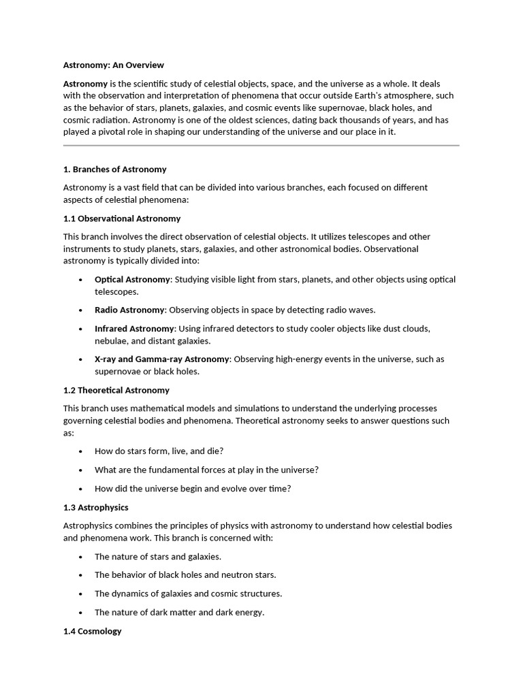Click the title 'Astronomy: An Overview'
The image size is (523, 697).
[113, 65]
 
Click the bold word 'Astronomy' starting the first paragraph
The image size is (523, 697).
[85, 83]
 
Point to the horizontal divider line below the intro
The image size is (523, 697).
[261, 145]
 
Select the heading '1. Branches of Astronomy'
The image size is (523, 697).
[114, 169]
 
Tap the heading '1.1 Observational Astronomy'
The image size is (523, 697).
[122, 218]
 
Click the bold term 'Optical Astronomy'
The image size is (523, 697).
[132, 280]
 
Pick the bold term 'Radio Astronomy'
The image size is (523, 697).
[129, 310]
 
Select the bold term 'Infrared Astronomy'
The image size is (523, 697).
[134, 329]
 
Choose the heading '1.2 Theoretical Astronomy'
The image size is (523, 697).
[116, 391]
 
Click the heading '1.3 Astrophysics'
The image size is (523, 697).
[95, 508]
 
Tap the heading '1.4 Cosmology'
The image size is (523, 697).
[92, 631]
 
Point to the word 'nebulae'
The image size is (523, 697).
[110, 341]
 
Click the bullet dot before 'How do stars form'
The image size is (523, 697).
[80, 451]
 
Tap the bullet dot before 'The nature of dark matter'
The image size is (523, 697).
[80, 613]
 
